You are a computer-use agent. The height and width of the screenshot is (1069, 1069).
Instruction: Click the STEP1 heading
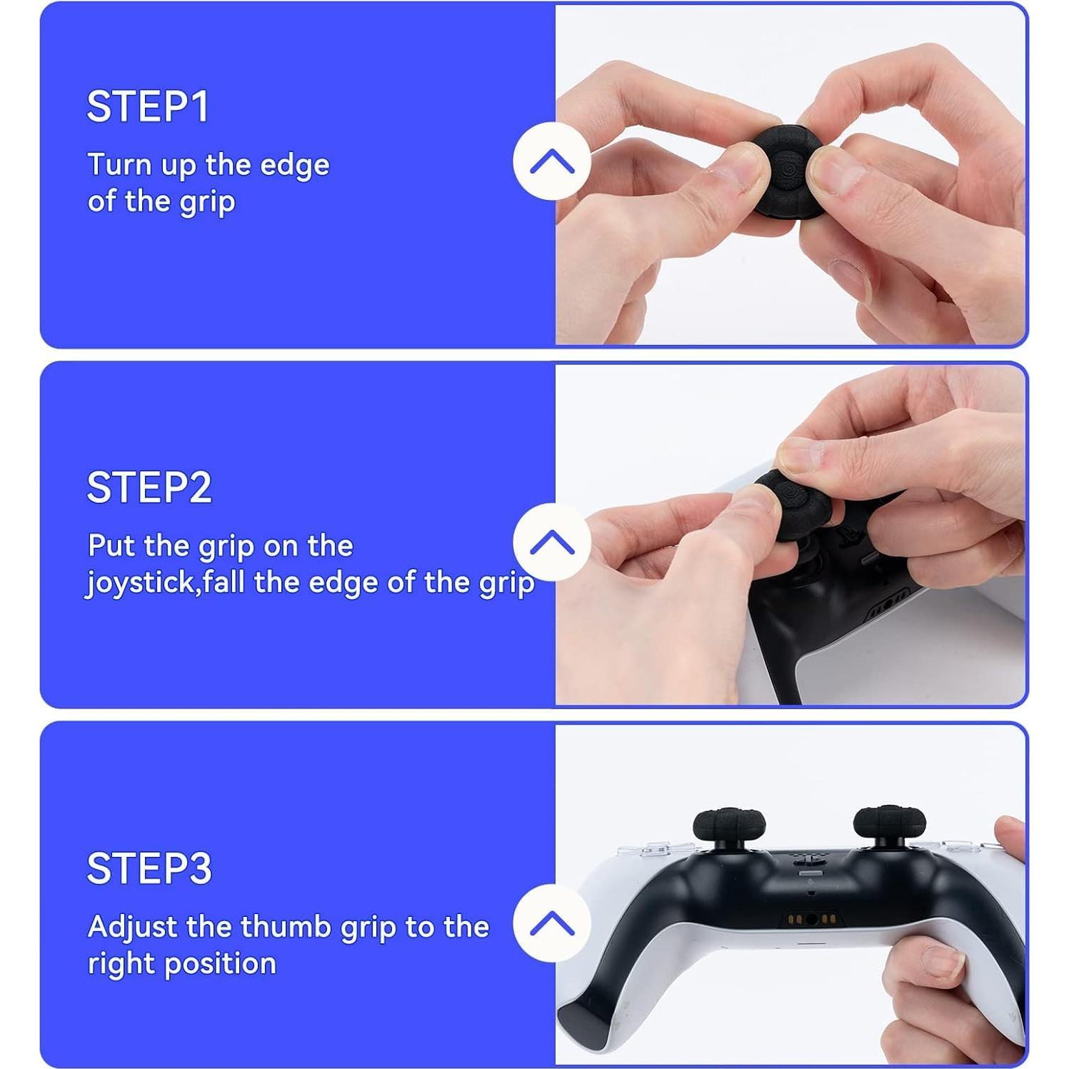click(147, 107)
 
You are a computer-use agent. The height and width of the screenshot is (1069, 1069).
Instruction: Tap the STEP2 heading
click(149, 488)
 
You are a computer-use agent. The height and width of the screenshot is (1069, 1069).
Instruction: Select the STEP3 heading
click(149, 868)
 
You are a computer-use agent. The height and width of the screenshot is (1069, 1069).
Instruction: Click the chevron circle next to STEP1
click(552, 161)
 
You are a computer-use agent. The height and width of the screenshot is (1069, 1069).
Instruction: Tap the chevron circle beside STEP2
click(552, 542)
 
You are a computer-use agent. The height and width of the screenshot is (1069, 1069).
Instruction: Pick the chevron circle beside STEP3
click(552, 923)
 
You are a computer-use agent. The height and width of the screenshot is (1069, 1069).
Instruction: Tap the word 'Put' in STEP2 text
click(111, 546)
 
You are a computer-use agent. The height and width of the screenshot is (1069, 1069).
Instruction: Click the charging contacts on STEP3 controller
click(810, 918)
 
